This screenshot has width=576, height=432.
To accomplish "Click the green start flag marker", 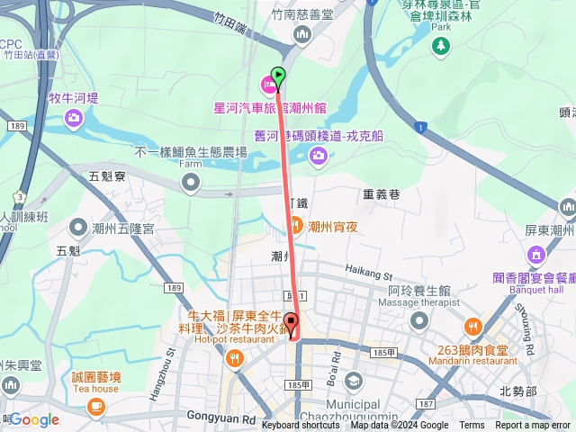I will [278, 76].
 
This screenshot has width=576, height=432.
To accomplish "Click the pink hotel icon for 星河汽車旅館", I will [267, 85].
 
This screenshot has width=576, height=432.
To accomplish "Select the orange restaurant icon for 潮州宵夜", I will [294, 226].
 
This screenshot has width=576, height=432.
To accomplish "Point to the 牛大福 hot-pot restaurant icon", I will [235, 359].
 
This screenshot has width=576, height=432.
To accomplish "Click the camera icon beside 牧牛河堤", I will [74, 118].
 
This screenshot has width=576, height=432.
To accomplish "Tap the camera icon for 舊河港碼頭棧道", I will [318, 157].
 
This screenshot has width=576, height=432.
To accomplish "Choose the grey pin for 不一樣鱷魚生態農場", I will [190, 183].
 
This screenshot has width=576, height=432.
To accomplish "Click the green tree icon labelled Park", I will [440, 44].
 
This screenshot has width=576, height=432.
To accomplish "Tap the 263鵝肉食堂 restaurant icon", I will [472, 326].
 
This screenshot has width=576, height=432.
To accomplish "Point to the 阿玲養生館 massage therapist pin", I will [418, 320].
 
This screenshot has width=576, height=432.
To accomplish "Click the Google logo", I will [33, 420].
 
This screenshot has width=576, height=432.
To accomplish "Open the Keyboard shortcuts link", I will [301, 426].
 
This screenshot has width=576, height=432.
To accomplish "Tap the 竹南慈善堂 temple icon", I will [301, 34].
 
